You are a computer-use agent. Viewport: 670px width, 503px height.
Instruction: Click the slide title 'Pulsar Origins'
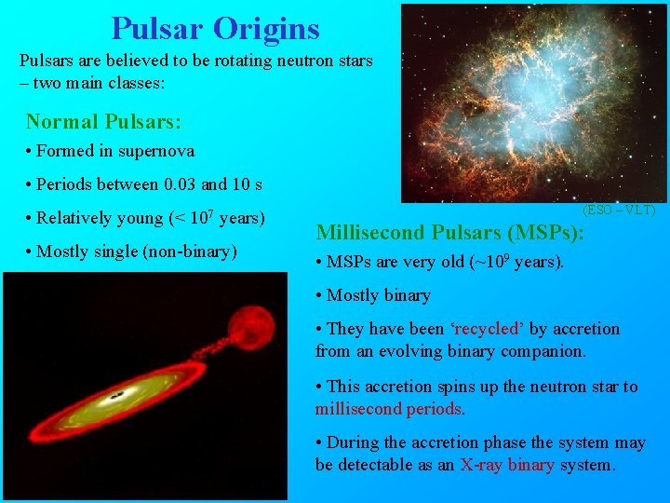pyautogui.click(x=215, y=28)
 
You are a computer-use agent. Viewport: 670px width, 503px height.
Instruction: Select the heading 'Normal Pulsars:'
pyautogui.click(x=103, y=122)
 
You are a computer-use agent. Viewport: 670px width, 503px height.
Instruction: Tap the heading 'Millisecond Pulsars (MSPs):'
pyautogui.click(x=450, y=232)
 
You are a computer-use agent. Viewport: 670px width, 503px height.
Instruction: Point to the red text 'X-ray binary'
pyautogui.click(x=507, y=465)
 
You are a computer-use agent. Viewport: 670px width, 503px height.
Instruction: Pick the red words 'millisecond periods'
pyautogui.click(x=390, y=409)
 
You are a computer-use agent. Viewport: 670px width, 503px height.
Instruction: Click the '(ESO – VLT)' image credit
pyautogui.click(x=619, y=211)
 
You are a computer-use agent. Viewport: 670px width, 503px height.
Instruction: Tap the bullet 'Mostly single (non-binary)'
pyautogui.click(x=137, y=251)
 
